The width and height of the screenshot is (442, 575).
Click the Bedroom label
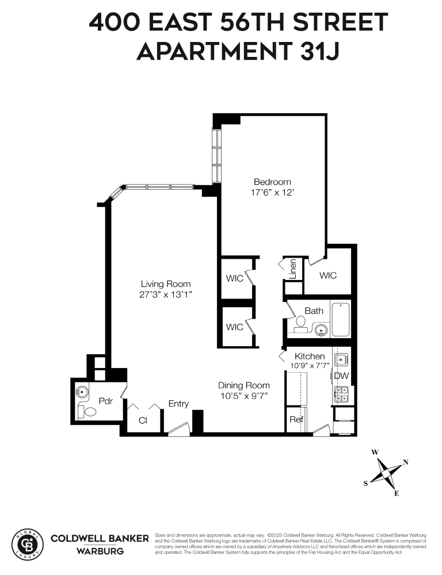[x=272, y=182]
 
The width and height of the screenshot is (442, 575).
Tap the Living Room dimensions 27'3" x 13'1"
[x=166, y=294]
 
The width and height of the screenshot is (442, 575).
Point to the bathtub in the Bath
[x=341, y=319]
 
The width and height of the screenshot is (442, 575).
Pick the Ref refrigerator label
[x=296, y=419]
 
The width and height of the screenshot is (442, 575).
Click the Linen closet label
[x=293, y=269]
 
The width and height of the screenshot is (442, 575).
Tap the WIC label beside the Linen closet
[x=328, y=275]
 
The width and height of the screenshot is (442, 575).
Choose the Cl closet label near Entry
[x=143, y=420]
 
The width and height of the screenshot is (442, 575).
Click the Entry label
[x=178, y=404]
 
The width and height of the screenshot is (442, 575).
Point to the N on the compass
[x=406, y=462]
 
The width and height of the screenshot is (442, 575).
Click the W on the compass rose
[x=375, y=453]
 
